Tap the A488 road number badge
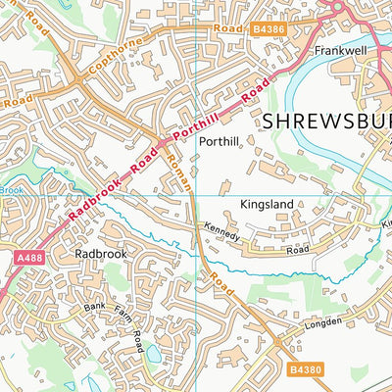click(x=30, y=257)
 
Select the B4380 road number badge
click(x=305, y=369)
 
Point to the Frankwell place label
click(x=339, y=47)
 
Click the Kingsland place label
click(x=267, y=206)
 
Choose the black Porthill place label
click(x=219, y=141)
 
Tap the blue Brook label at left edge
click(x=9, y=190)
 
